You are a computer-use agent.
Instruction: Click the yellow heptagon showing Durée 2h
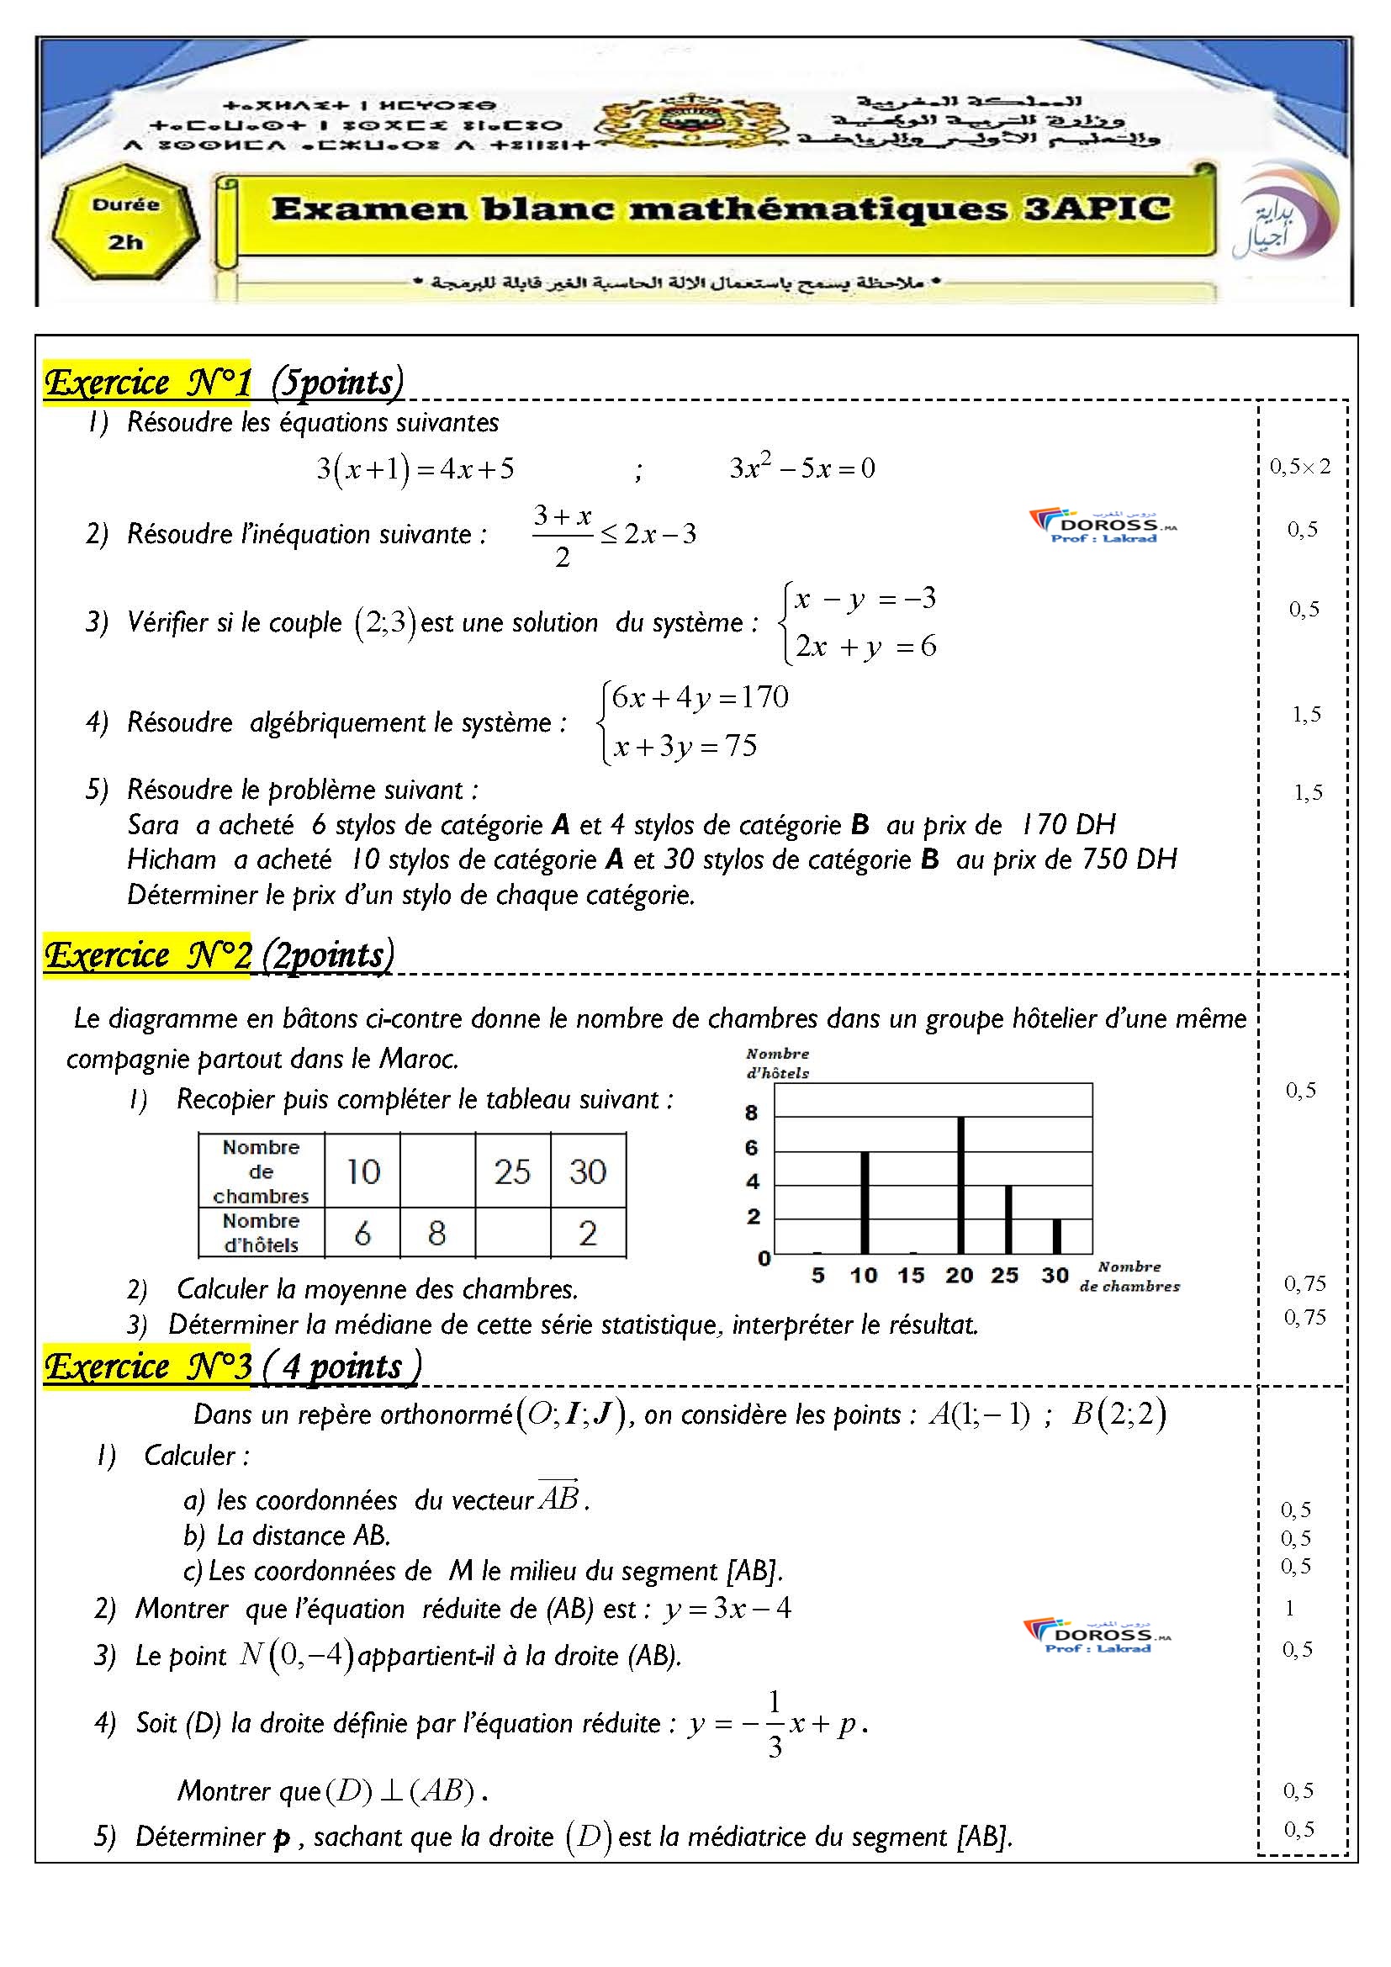coord(126,225)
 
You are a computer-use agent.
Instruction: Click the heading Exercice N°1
coord(147,382)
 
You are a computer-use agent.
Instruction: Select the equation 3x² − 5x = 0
coord(801,468)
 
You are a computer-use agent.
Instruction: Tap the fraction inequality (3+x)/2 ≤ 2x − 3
coord(613,536)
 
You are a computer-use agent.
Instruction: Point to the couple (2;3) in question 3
coord(385,622)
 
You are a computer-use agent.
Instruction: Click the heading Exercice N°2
coord(147,955)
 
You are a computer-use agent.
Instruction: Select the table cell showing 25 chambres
coord(512,1171)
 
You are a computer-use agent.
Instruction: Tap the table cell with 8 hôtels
coord(436,1233)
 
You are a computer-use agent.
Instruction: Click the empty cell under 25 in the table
coord(512,1233)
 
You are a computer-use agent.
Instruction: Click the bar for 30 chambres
coord(1056,1236)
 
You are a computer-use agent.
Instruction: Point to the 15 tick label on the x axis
coord(911,1276)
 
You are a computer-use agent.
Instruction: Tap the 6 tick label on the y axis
coord(752,1148)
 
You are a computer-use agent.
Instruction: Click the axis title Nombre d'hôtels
coord(777,1063)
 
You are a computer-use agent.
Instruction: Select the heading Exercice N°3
coord(147,1367)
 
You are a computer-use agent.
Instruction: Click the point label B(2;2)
coord(1119,1414)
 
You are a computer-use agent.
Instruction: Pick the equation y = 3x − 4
coord(727,1608)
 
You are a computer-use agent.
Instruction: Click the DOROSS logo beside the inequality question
coord(1103,526)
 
